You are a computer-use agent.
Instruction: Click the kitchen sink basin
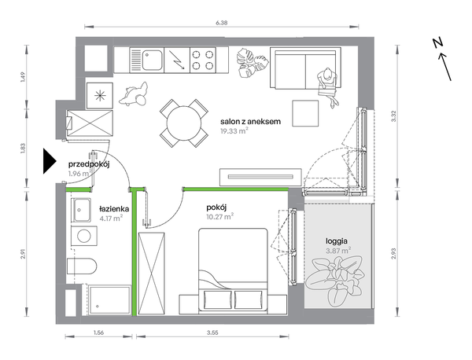pos(153,60)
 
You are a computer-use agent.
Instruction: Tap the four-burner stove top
pos(203,60)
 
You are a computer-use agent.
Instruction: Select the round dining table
pos(184,123)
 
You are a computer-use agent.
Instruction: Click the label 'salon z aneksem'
pos(250,122)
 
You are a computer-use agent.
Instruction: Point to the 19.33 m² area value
pos(234,131)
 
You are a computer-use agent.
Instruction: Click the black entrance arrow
pos(50,161)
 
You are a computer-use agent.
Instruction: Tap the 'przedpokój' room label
pos(88,164)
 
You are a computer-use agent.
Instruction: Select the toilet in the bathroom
pos(82,266)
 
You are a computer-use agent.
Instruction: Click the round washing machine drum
pos(84,237)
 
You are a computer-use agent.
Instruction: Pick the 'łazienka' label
pos(114,209)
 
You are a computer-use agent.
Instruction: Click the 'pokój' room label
pos(216,208)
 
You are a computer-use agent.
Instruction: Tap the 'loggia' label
pos(337,241)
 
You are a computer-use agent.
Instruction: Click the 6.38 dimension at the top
pos(221,23)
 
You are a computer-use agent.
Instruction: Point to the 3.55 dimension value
pos(212,332)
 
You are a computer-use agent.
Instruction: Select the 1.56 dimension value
pos(98,332)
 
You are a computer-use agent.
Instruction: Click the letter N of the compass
pos(437,43)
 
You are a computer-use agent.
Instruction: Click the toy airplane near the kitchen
pos(134,94)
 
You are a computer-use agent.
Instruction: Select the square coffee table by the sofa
pos(305,113)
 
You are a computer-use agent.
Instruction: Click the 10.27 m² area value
pos(220,217)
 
